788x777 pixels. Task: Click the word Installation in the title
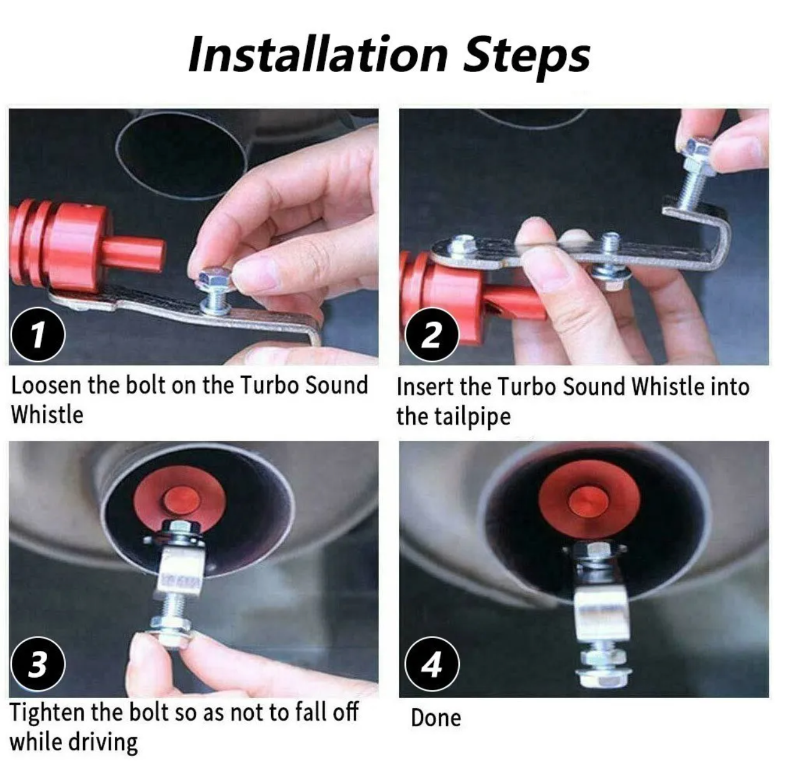(x=318, y=55)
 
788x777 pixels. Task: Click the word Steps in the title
(x=526, y=58)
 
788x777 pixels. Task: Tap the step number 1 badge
(x=38, y=334)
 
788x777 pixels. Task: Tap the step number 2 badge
(x=432, y=335)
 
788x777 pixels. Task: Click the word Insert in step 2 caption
(x=424, y=387)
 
